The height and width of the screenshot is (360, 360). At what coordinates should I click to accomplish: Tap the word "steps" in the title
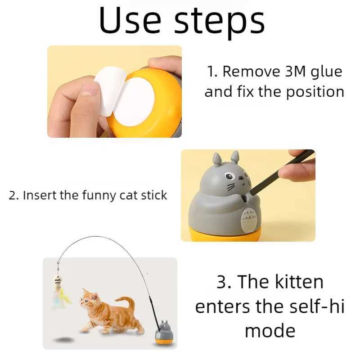point(219,22)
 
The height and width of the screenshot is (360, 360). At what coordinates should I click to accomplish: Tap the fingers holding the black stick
point(297,170)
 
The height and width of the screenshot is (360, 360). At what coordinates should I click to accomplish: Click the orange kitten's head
point(90,299)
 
